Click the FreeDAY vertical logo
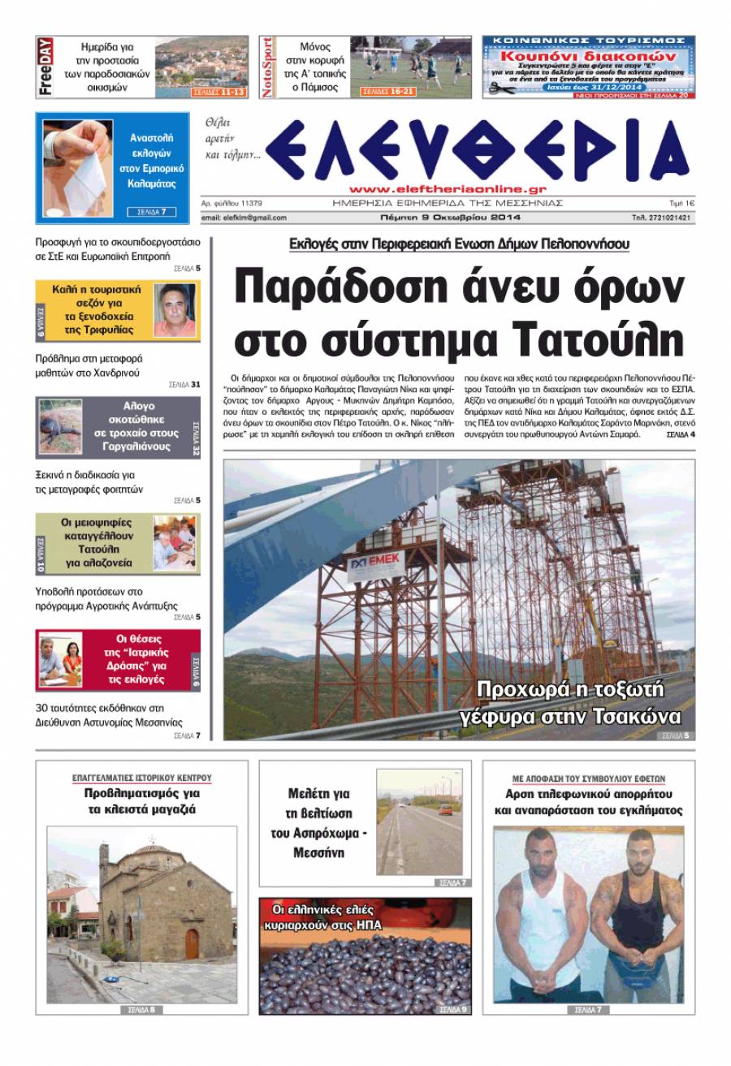[x=45, y=67]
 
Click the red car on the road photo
[x=444, y=809]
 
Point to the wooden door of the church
[x=192, y=944]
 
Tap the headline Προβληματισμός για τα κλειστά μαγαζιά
[x=141, y=801]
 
